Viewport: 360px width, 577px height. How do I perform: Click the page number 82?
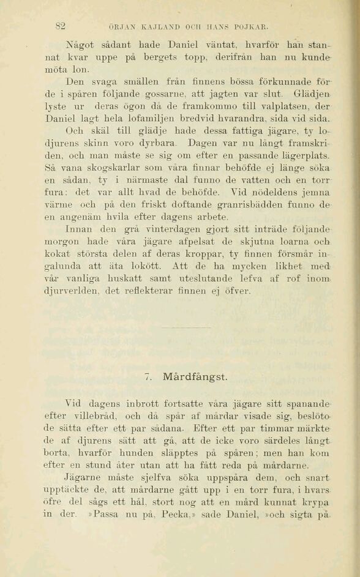(60, 26)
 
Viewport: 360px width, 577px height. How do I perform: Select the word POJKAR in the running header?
(252, 27)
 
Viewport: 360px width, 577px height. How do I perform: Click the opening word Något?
(78, 45)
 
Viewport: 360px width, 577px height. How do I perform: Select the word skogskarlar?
(128, 167)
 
